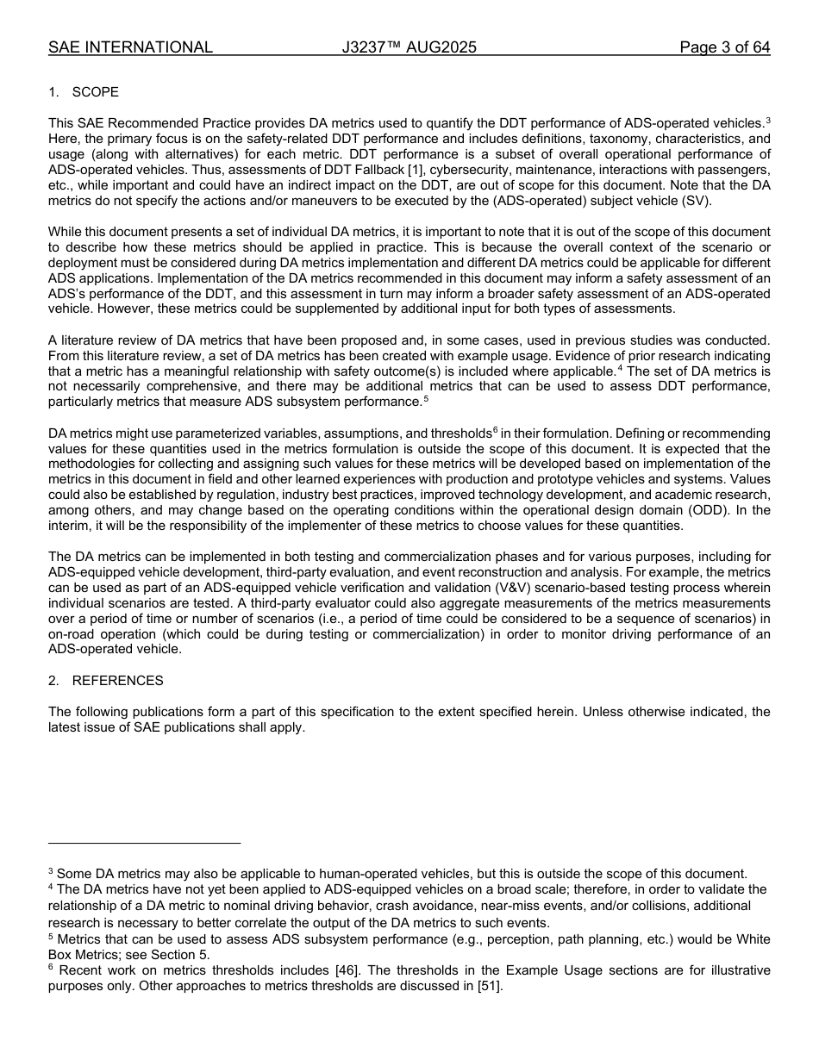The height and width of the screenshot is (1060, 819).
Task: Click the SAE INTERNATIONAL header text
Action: click(x=130, y=47)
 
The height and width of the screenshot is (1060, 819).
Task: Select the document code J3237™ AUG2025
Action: click(x=409, y=47)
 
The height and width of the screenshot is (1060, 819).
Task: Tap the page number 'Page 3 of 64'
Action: click(x=724, y=47)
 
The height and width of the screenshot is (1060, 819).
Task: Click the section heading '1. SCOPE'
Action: click(x=84, y=92)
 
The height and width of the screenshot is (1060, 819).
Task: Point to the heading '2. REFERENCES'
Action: click(x=106, y=681)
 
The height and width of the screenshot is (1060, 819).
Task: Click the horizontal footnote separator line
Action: click(x=144, y=843)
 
